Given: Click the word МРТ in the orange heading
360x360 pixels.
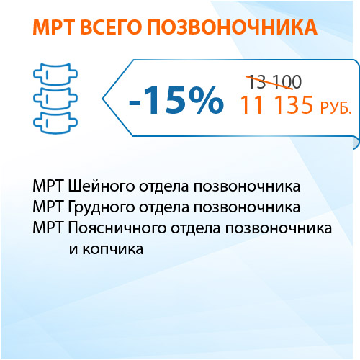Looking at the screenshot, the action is point(53,27).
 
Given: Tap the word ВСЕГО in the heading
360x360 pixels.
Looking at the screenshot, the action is point(110,27).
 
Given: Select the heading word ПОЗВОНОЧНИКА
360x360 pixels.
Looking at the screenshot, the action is point(232,27).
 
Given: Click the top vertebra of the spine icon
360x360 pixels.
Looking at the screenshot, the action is point(55,74).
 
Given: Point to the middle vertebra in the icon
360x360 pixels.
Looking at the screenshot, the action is point(55,99).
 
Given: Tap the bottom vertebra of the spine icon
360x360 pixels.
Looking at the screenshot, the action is point(55,122).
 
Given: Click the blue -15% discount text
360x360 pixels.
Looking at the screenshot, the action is point(176,100).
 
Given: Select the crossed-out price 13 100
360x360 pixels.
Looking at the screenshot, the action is point(274,82).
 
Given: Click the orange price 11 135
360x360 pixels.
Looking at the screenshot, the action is point(276,104).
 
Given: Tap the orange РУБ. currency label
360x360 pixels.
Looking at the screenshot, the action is point(336,108).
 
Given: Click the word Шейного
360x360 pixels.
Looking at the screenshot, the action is point(101,186).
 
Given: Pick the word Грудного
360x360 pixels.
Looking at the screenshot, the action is point(101,207).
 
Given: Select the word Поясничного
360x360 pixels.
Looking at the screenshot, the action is point(117,228).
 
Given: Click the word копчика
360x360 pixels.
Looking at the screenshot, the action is point(113,249).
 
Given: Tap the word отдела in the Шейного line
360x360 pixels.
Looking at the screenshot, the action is point(164,186).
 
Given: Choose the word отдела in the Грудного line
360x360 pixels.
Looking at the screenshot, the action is point(164,207).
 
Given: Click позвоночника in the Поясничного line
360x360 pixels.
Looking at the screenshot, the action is point(279,228).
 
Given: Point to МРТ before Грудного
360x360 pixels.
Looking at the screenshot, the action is point(48,207).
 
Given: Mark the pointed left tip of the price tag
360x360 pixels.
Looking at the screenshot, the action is point(103,98).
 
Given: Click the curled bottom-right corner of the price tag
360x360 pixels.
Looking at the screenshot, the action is point(356,143).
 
